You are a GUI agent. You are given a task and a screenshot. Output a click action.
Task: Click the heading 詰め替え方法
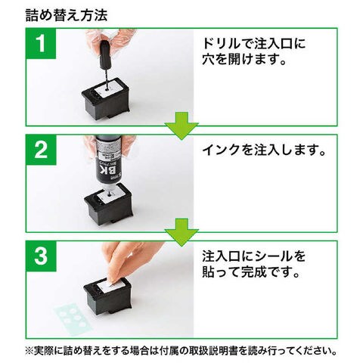pyautogui.click(x=67, y=16)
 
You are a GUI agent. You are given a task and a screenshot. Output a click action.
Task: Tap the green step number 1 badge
pyautogui.click(x=41, y=43)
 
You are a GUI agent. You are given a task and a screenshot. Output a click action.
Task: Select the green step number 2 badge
pyautogui.click(x=41, y=150)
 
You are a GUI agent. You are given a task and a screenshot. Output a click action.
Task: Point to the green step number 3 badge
pyautogui.click(x=41, y=256)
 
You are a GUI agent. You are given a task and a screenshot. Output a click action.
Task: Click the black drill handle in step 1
pyautogui.click(x=105, y=54)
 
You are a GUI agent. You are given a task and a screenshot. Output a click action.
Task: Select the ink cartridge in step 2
pyautogui.click(x=108, y=204)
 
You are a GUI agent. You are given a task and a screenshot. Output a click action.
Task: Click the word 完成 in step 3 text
pyautogui.click(x=254, y=272)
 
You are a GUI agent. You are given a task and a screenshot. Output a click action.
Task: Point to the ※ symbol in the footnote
pyautogui.click(x=30, y=351)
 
